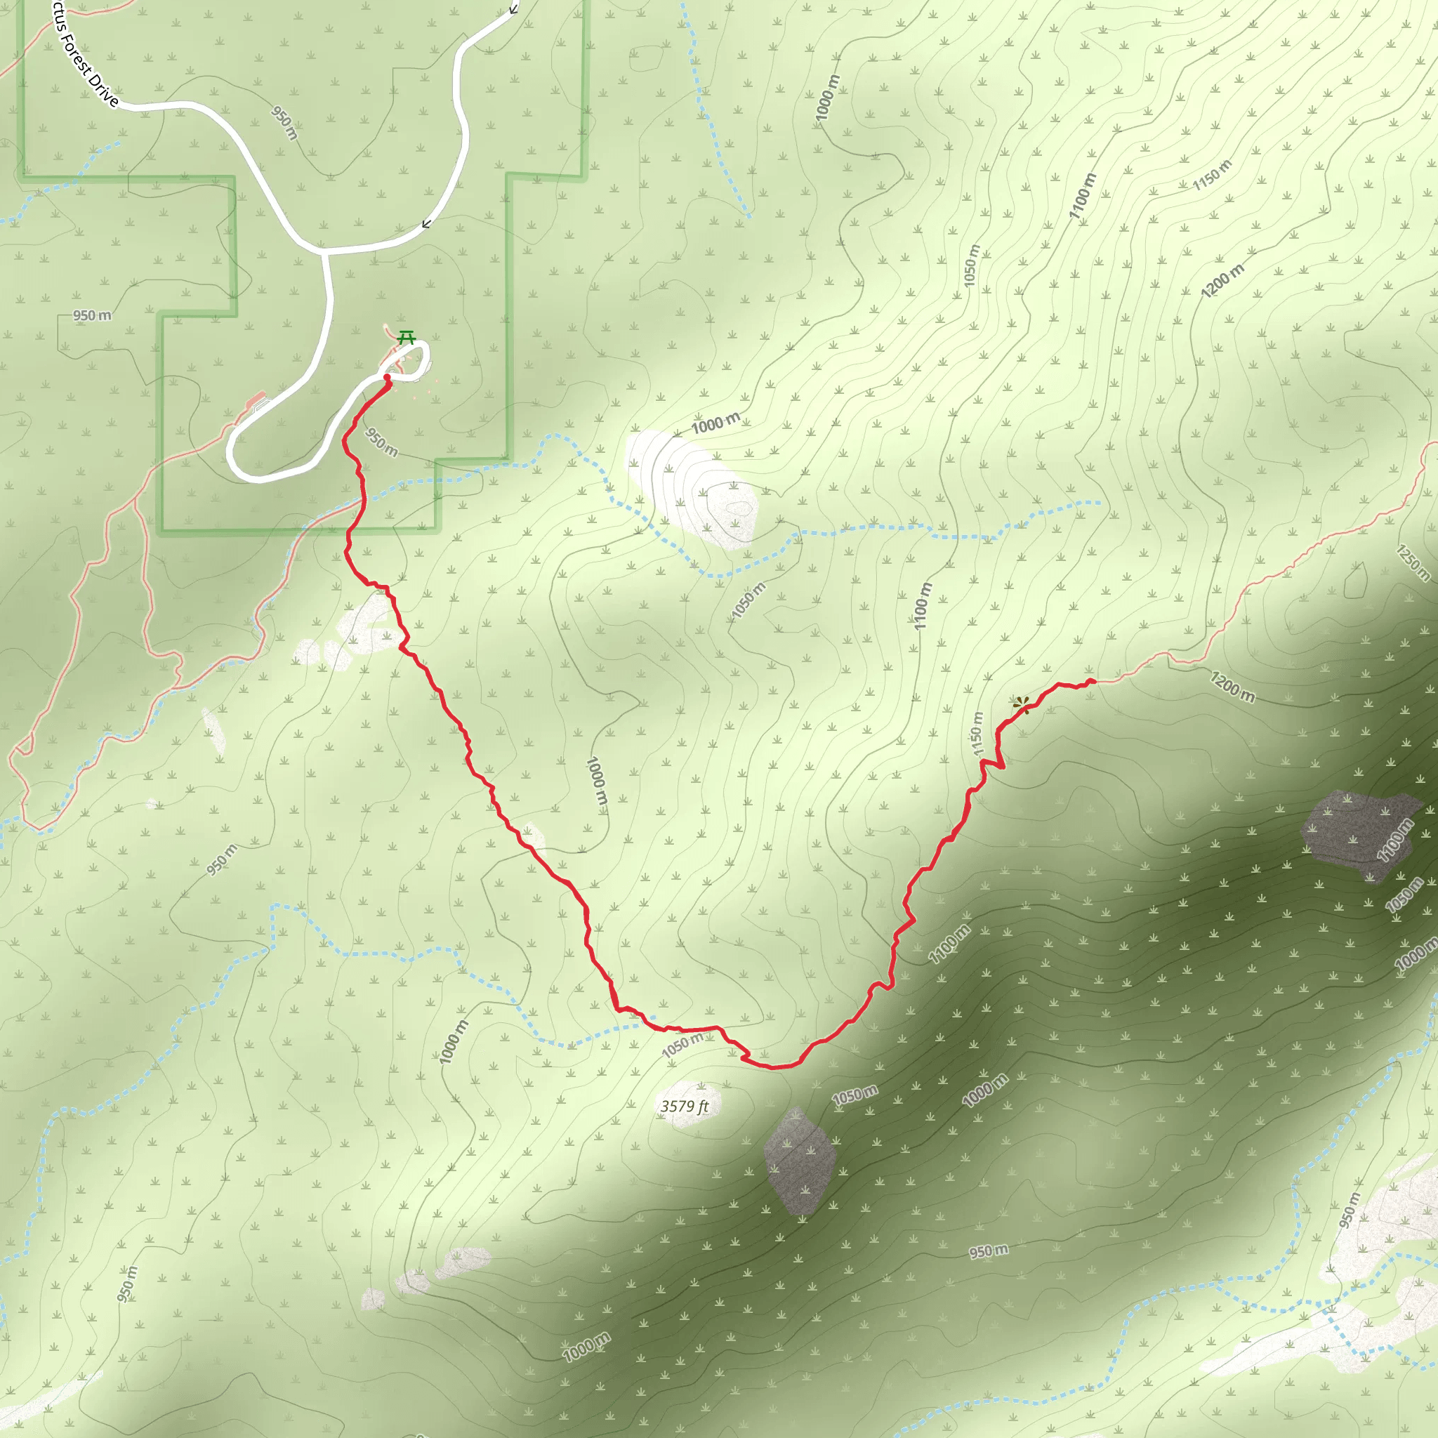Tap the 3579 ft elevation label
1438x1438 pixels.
tap(684, 1106)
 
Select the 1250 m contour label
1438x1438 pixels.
tap(1412, 562)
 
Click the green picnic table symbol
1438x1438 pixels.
tap(406, 337)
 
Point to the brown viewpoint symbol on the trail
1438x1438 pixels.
tap(1021, 704)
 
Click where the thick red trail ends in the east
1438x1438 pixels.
tap(1093, 680)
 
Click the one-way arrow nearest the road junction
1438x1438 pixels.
tap(426, 223)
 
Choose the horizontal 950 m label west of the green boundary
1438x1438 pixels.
tap(92, 315)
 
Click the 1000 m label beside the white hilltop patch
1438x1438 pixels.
tap(715, 423)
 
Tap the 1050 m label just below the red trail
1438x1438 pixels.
tap(682, 1044)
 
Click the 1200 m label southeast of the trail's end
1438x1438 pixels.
tap(1232, 686)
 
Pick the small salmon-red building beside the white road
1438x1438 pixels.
tap(256, 402)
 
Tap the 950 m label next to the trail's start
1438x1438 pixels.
tap(381, 442)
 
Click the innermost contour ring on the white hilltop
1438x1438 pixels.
tap(740, 509)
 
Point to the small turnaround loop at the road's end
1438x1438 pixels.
tap(414, 358)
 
